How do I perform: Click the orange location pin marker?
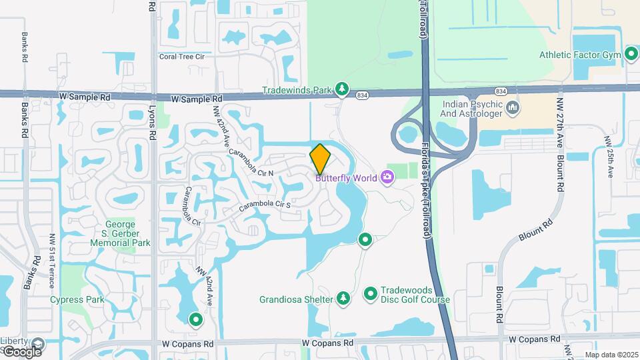[x=321, y=159]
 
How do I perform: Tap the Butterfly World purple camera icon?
[x=387, y=177]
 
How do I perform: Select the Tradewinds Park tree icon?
[x=342, y=89]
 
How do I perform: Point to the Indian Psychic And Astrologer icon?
[x=513, y=107]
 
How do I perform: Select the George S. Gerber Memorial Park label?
[x=122, y=233]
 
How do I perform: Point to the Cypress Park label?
[x=77, y=299]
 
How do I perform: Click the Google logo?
[x=22, y=351]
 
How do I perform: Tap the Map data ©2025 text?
[x=611, y=355]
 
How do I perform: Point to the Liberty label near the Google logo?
[x=13, y=341]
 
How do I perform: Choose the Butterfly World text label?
[x=346, y=178]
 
